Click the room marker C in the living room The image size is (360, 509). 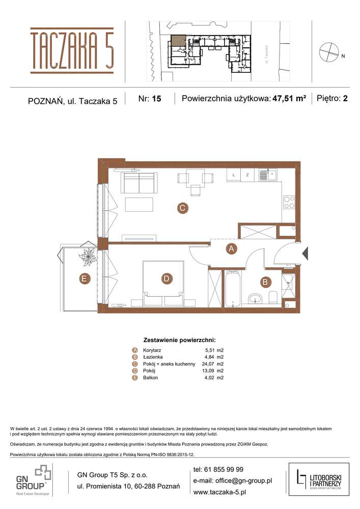pos(181,208)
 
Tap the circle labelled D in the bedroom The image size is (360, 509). pos(166,278)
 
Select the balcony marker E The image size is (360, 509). pos(84,278)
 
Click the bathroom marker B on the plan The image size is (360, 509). pos(265,281)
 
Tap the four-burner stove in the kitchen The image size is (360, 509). pos(289,202)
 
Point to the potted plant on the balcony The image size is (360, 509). pos(88,256)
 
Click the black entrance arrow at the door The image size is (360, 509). pos(305,253)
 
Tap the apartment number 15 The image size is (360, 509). pos(156,99)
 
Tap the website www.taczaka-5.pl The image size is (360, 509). pos(219,492)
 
